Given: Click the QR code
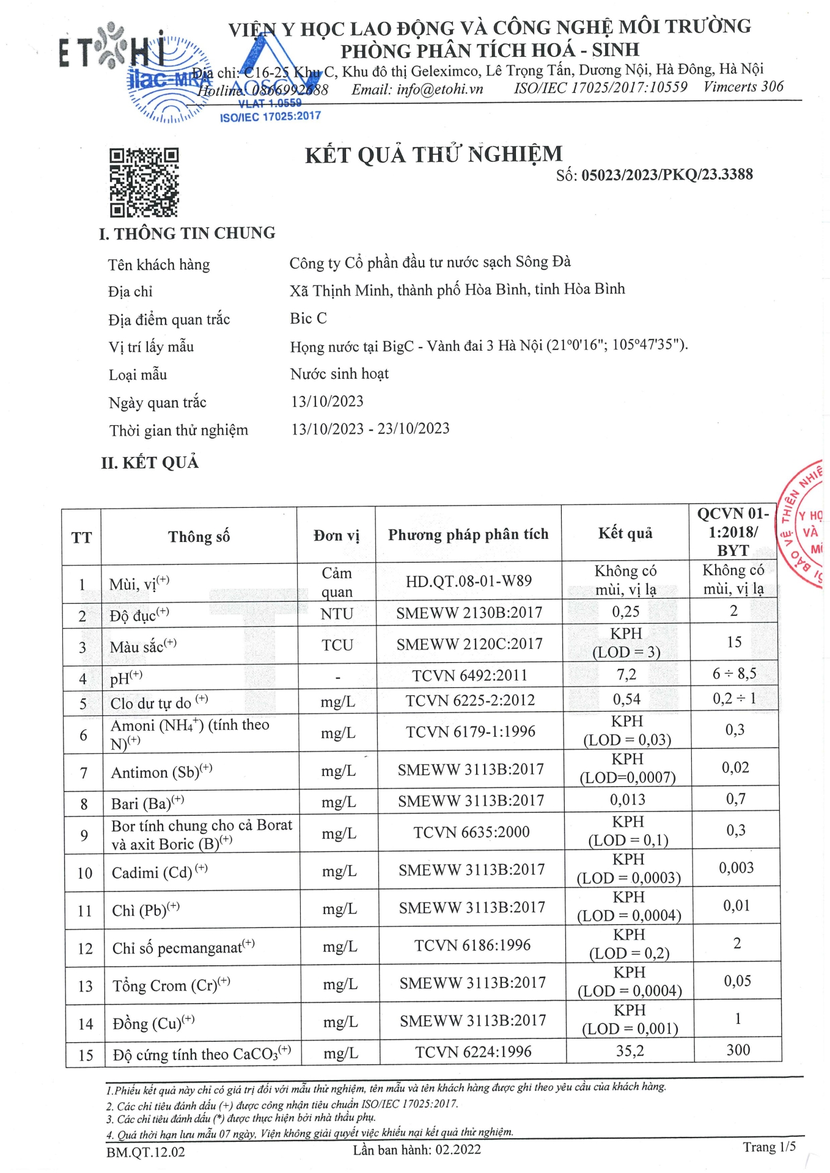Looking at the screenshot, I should click(144, 183).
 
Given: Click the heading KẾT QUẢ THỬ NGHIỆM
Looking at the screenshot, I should click(433, 155).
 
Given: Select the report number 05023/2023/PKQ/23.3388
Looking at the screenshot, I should click(667, 175).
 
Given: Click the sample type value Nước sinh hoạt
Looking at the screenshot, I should click(339, 373).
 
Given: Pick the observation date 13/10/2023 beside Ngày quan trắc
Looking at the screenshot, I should click(327, 401).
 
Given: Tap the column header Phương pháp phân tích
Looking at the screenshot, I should click(468, 535).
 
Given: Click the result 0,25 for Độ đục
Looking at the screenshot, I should click(626, 612).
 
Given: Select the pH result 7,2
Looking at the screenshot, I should click(626, 674).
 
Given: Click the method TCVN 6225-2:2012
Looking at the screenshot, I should click(470, 700).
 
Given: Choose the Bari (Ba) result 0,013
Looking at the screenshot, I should click(627, 800).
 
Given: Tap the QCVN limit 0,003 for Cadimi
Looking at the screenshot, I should click(736, 868).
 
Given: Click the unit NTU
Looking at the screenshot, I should click(337, 613).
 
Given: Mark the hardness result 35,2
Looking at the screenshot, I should click(630, 1051).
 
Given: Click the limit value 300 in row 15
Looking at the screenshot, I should click(738, 1050).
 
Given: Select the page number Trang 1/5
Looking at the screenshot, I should click(769, 1147).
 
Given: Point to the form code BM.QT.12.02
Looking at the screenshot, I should click(145, 1152).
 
